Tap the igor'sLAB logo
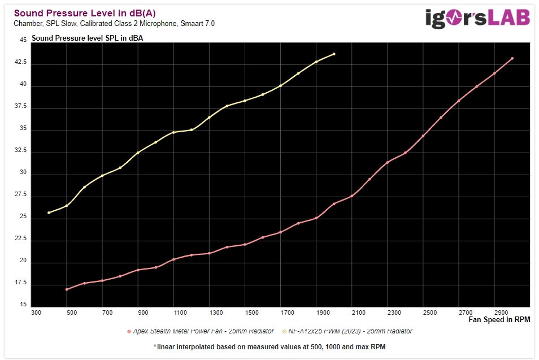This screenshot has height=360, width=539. click(477, 18)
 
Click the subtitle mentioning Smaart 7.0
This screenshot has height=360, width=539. click(114, 24)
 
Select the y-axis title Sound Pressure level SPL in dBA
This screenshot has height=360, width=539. click(88, 38)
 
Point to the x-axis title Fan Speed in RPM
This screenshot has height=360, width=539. click(499, 320)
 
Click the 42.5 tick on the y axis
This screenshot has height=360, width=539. click(20, 62)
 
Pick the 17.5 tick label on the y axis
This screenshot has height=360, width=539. click(20, 283)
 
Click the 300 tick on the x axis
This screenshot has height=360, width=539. click(37, 313)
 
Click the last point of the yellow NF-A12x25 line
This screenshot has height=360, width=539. click(334, 54)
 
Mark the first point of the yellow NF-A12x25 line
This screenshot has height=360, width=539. click(49, 212)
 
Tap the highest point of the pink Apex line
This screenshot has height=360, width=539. click(512, 58)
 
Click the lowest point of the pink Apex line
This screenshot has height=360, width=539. click(67, 289)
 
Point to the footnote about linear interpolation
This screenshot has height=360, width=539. click(269, 346)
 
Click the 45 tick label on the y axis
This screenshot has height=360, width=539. click(23, 40)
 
